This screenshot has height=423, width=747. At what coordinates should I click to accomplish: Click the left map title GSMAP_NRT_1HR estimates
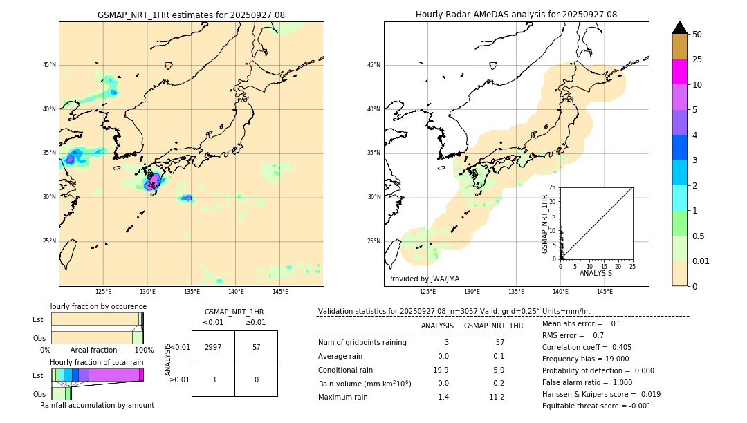[191, 15]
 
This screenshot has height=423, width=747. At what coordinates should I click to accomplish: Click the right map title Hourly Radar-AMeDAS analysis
[516, 15]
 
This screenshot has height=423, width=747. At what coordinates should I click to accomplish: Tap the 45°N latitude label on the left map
[49, 65]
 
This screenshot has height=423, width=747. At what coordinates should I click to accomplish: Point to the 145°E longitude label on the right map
[605, 292]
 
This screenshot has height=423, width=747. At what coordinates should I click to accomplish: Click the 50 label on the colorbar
[698, 34]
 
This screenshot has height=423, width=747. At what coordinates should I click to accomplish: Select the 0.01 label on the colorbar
[702, 261]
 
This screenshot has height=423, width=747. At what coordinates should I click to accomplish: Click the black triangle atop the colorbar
[680, 28]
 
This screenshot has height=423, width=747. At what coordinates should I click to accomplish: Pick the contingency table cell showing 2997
[213, 347]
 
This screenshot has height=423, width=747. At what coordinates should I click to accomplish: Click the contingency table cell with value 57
[256, 347]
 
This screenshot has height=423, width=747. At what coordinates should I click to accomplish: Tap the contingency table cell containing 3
[213, 379]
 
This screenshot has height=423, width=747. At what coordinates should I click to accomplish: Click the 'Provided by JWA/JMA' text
[423, 279]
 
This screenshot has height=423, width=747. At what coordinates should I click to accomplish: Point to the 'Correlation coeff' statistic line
[587, 347]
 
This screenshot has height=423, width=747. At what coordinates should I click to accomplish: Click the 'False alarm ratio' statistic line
[587, 382]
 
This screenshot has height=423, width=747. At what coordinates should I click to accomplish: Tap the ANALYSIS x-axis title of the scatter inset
[596, 273]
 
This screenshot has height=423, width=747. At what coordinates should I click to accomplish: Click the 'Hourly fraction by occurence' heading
[97, 306]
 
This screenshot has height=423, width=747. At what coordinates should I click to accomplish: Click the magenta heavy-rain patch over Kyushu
[153, 182]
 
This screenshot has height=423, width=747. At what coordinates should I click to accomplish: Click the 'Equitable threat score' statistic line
[596, 406]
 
